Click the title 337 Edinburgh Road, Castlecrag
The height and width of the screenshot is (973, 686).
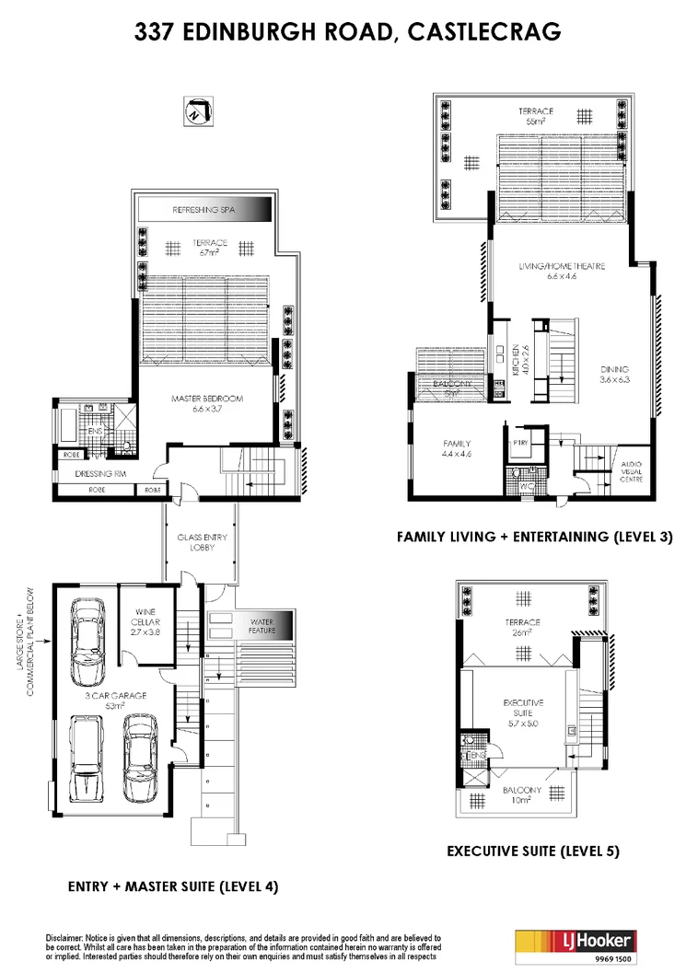coord(343,33)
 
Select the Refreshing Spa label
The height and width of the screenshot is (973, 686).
coord(204,211)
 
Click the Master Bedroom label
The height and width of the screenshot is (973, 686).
coord(205,403)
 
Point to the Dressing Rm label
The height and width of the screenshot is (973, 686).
coord(99,474)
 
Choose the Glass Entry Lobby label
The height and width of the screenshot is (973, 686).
coord(201,541)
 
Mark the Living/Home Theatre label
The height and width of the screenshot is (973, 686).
coord(562,270)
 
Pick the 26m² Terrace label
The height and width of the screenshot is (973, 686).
coord(523,627)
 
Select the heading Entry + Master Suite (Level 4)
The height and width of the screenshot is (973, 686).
coord(173,886)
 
